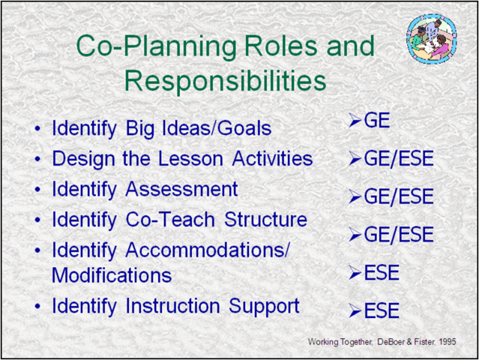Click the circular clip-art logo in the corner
pos(431,37)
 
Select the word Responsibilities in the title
pos(225,79)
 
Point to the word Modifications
pos(112,275)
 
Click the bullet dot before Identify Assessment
pos(37,190)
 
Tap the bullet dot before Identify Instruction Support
pos(37,307)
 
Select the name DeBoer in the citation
pos(390,342)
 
